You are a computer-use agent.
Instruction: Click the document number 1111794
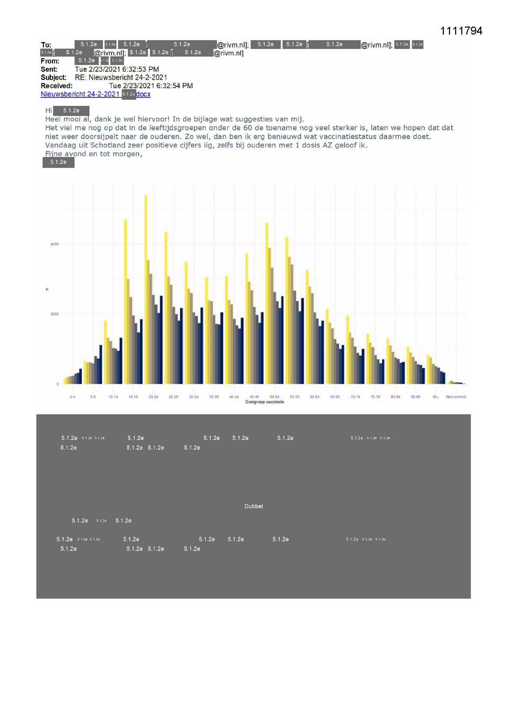click(x=461, y=31)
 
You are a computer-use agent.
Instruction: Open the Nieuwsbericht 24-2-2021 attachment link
click(x=80, y=94)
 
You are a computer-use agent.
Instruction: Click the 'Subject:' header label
click(x=53, y=77)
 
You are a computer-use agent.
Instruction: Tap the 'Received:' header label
click(x=56, y=86)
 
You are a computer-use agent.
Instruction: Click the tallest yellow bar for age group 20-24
click(x=146, y=286)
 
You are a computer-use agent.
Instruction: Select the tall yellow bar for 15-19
click(x=125, y=298)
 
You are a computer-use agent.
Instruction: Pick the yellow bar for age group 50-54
click(x=267, y=302)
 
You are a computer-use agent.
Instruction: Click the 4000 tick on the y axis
click(x=54, y=244)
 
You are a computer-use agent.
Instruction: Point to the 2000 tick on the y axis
click(x=54, y=314)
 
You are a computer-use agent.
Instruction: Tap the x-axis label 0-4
click(x=72, y=397)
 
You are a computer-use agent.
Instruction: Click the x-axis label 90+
click(x=436, y=397)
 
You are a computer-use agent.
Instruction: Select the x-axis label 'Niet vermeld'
click(x=456, y=397)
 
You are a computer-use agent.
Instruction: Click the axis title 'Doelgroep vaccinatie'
click(x=264, y=402)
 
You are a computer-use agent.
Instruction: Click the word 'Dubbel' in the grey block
click(x=254, y=506)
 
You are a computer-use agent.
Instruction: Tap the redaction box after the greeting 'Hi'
click(x=71, y=111)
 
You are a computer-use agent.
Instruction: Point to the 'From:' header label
click(x=50, y=61)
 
